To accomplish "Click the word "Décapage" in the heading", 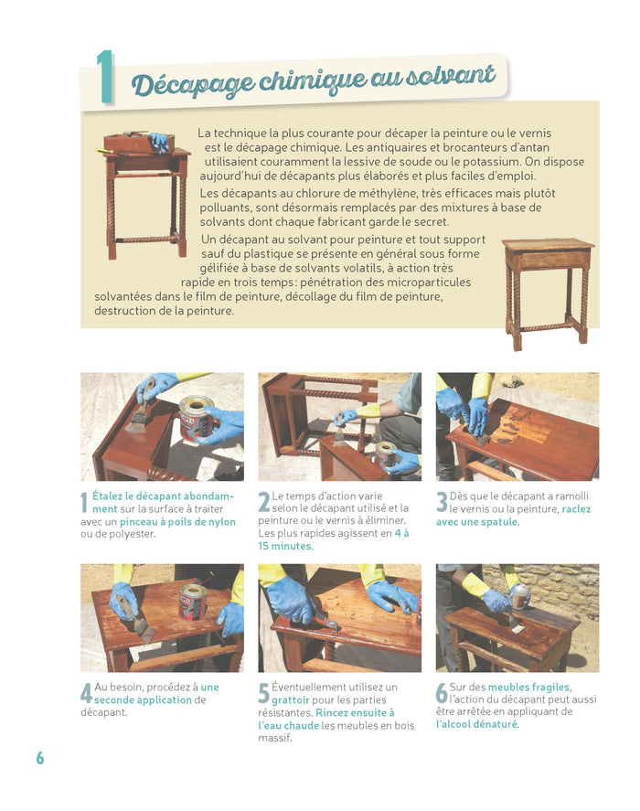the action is (192, 83).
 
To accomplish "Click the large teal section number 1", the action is (104, 77).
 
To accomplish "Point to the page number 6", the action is (40, 758).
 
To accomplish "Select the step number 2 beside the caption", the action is (264, 502).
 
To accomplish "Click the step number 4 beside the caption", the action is (87, 694).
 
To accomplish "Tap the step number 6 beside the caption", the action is (442, 693).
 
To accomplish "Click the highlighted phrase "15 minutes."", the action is (285, 546).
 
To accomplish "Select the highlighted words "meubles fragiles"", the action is (528, 687).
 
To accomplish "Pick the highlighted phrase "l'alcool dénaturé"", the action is (476, 724).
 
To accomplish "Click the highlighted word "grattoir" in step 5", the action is (291, 699).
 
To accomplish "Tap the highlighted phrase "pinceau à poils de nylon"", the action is (177, 522).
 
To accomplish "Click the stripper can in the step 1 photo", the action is (196, 419).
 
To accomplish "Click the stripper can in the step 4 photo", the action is (193, 602).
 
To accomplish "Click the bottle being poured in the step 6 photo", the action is (520, 596).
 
